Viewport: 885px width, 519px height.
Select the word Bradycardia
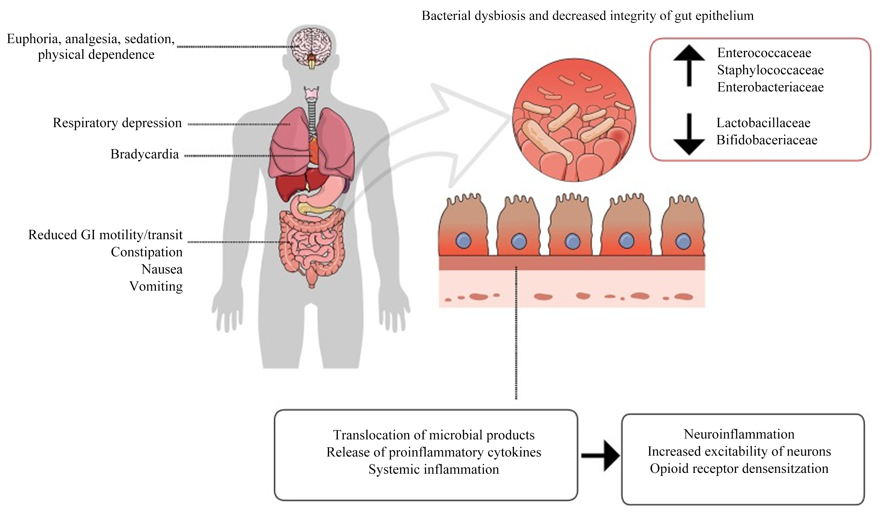coord(144,154)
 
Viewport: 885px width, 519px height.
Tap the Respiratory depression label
coord(117,123)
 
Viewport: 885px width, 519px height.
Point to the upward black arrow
coord(689,65)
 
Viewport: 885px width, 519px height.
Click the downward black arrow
coord(689,134)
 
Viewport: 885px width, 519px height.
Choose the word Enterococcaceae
coord(764,53)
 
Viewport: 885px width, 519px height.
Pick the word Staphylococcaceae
coord(771,70)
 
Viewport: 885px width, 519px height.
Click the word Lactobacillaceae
coord(763,123)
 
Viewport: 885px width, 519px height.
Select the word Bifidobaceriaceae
coord(767,140)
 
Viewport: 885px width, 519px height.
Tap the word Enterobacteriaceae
coord(771,87)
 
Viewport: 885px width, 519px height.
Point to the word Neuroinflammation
coord(739,434)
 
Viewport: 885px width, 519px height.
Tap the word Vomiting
coord(156,286)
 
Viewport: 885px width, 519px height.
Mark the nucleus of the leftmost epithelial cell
coord(463,241)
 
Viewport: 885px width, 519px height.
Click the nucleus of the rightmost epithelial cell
coord(683,241)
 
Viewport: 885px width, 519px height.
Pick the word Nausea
coord(162,269)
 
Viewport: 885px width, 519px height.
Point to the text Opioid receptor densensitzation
coord(739,469)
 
